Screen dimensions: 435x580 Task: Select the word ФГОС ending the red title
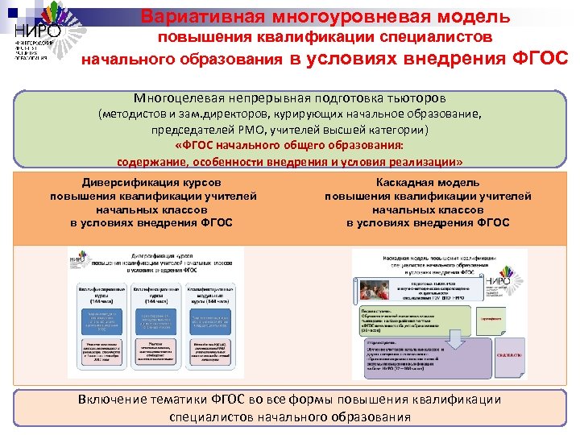540,57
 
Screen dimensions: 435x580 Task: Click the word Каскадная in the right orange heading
404,183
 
